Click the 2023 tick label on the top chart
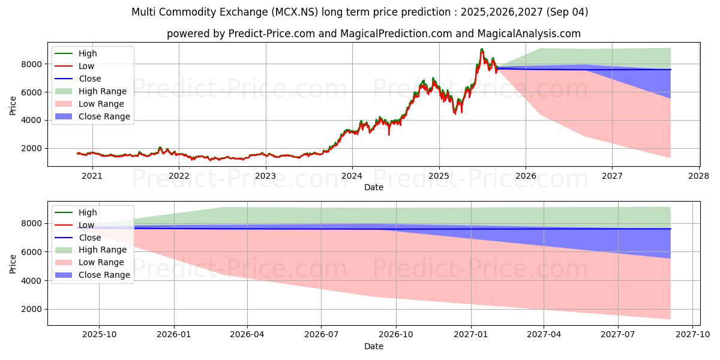click(265, 176)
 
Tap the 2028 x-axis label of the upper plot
click(699, 176)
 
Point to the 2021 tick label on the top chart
click(92, 176)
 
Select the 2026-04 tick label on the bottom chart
click(247, 335)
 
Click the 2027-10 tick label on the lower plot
click(692, 335)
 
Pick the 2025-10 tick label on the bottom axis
click(99, 335)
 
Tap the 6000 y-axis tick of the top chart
click(31, 92)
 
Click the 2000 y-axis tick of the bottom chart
click(31, 309)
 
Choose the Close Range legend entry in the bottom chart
click(92, 275)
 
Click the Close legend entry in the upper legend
click(78, 79)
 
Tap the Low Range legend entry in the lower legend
click(89, 262)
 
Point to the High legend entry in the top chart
click(76, 53)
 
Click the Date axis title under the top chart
click(373, 187)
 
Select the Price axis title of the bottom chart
click(13, 264)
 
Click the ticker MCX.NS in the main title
click(295, 12)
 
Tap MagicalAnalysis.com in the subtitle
click(529, 34)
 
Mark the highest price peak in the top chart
click(481, 49)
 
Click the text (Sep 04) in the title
click(567, 12)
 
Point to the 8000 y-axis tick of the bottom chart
click(31, 223)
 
